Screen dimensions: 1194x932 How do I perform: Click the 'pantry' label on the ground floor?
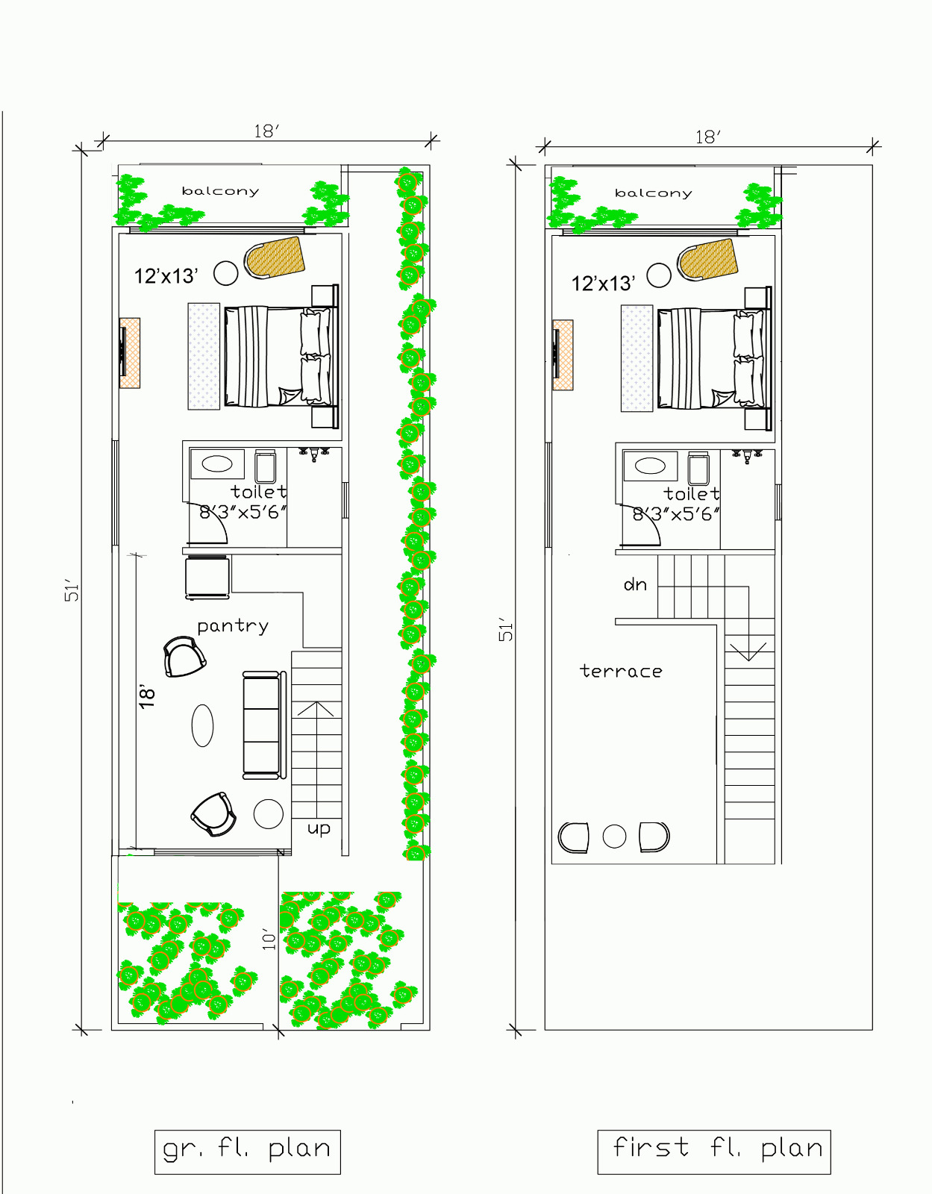click(x=233, y=626)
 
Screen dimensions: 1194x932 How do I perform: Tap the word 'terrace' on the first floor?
click(x=621, y=672)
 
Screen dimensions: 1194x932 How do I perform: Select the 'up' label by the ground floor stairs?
click(x=319, y=828)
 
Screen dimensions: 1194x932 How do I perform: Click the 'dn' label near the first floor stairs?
click(x=635, y=584)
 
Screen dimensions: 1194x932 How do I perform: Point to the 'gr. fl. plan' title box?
click(x=247, y=1151)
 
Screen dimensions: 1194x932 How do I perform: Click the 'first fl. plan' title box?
click(x=714, y=1151)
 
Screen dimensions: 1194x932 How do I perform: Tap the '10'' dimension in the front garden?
click(x=269, y=939)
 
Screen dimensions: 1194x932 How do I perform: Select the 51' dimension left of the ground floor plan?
click(x=72, y=590)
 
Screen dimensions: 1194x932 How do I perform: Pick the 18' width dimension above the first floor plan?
click(x=707, y=137)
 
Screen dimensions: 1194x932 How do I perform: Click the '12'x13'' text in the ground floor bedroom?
click(x=166, y=276)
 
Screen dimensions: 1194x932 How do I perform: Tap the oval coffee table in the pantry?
click(x=202, y=725)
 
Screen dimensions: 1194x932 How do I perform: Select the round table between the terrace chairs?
click(x=614, y=837)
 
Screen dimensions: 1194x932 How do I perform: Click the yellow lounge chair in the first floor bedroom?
click(x=707, y=260)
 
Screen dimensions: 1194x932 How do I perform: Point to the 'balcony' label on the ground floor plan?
click(x=220, y=191)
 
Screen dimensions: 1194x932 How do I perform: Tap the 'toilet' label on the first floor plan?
click(x=691, y=494)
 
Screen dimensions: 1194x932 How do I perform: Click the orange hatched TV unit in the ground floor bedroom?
click(x=130, y=352)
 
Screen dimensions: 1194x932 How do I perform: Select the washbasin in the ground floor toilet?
click(x=217, y=463)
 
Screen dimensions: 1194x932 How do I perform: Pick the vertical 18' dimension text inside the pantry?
click(x=148, y=696)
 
